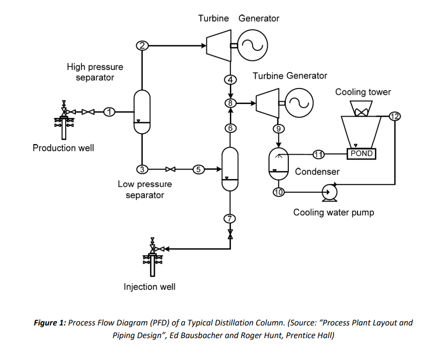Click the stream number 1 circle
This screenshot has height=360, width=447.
110,112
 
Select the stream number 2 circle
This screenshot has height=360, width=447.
142,46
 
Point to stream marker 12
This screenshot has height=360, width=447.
394,116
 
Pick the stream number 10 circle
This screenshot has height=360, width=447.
278,192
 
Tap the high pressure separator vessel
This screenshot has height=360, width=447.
142,111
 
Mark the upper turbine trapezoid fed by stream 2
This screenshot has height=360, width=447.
218,46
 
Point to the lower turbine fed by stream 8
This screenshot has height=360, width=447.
266,103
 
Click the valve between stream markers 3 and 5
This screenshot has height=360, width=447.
170,169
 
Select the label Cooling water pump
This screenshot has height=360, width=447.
334,212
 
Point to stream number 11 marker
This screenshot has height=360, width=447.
318,154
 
